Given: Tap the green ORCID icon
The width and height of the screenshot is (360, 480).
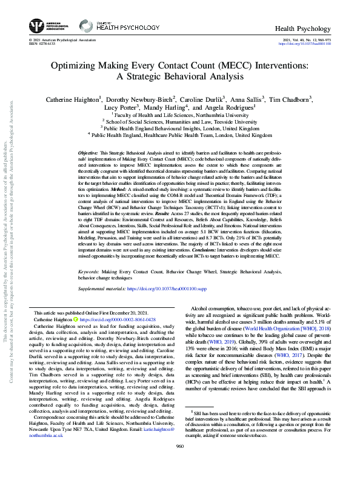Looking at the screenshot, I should point(76,319).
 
